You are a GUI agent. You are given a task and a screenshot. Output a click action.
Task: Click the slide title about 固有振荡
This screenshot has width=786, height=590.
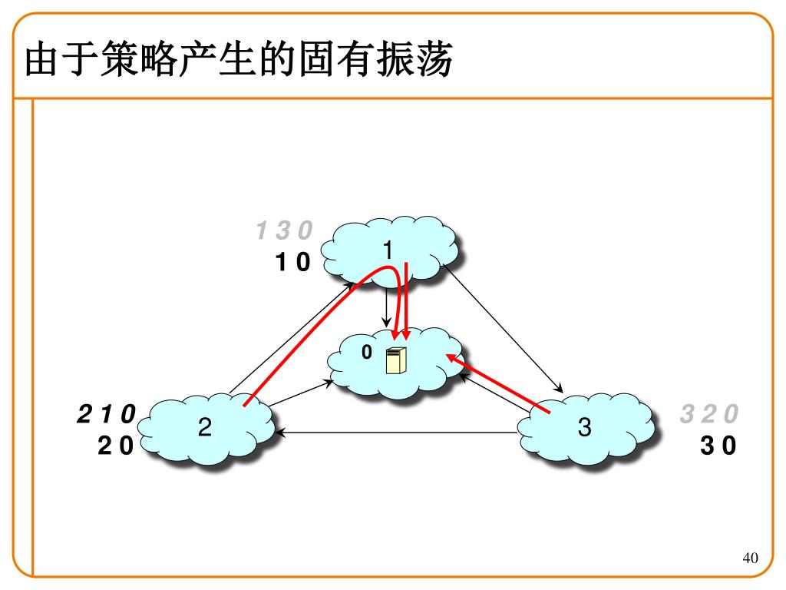[x=239, y=59]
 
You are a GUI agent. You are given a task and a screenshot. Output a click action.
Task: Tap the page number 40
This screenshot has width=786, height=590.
[x=750, y=558]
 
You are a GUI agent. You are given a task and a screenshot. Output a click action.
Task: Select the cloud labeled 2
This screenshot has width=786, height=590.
[x=206, y=429]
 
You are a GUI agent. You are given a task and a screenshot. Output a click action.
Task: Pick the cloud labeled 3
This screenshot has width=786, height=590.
[x=586, y=429]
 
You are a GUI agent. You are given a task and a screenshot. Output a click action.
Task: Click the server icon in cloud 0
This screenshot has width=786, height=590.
[x=395, y=360]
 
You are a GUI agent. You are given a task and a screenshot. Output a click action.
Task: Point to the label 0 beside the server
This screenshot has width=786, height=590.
[x=367, y=352]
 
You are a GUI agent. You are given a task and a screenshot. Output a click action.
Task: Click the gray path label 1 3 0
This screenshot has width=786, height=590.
[x=284, y=230]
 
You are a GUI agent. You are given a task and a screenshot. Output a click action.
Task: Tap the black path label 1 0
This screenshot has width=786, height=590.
[x=293, y=262]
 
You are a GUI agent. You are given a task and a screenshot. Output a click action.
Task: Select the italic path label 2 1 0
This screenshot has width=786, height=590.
[x=106, y=414]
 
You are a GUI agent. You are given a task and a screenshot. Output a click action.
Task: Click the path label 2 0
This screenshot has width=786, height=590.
[x=116, y=446]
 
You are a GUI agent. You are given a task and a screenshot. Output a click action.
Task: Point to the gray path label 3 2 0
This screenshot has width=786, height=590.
[x=708, y=414]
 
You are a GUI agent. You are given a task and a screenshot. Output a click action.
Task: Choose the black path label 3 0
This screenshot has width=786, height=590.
[x=718, y=446]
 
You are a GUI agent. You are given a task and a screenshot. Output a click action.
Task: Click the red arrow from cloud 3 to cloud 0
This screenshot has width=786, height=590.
[x=497, y=384]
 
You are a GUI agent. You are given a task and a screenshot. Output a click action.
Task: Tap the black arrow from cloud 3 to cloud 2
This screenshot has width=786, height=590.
[x=396, y=433]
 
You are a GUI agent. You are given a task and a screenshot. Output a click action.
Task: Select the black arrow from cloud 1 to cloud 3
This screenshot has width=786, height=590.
[x=504, y=328]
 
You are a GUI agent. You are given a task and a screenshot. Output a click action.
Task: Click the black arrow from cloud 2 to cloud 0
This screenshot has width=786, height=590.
[x=301, y=393]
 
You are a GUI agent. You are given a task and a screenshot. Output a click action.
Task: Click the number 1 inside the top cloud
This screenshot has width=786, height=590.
[x=388, y=250]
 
